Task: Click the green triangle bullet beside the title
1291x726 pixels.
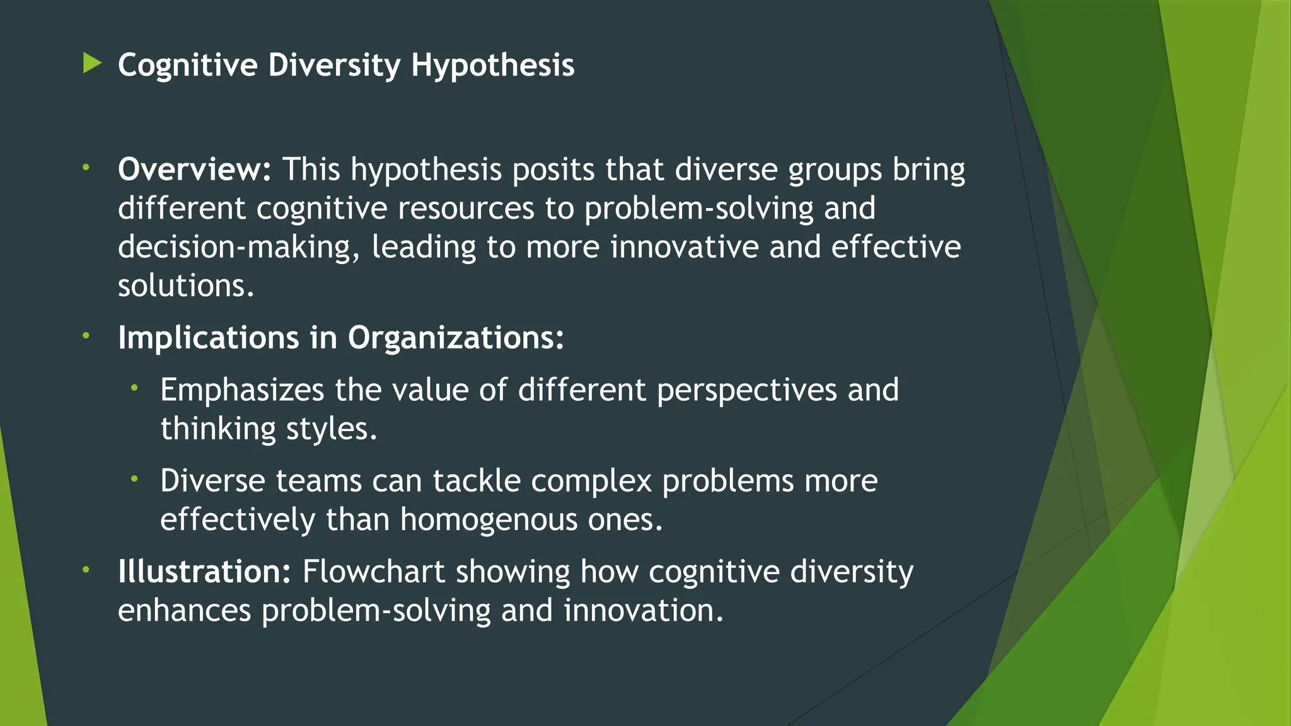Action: point(92,63)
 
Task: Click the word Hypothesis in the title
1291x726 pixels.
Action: point(492,66)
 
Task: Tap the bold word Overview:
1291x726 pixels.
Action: point(194,170)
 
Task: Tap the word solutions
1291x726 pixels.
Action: point(185,287)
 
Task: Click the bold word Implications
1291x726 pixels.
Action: point(208,338)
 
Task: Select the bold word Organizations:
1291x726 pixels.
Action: point(456,338)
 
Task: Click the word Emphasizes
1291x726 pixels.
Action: point(242,390)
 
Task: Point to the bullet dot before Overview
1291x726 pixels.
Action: point(86,168)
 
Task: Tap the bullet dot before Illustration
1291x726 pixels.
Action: point(86,570)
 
